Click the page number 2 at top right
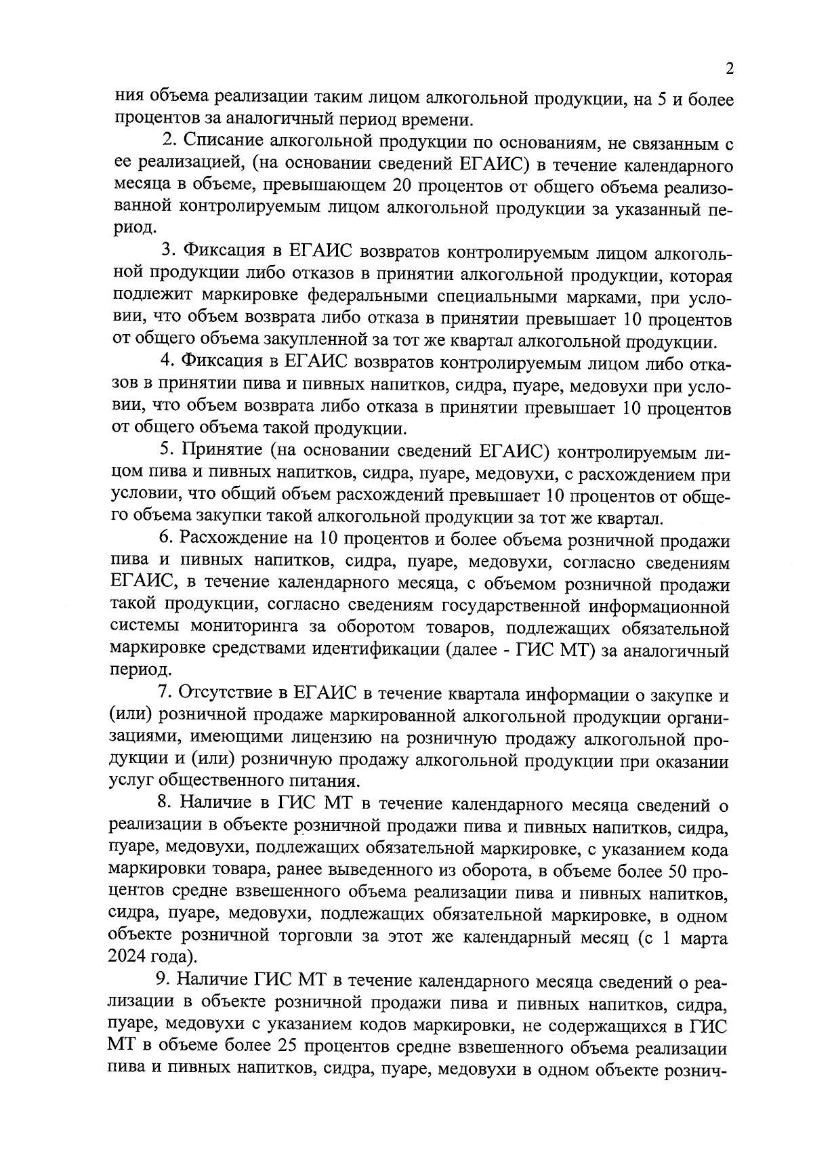click(729, 69)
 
